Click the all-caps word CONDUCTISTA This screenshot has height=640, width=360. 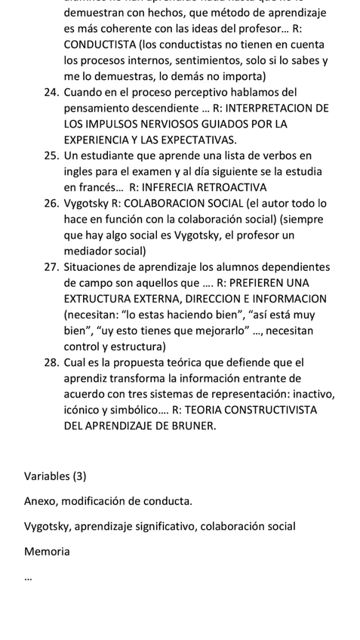click(x=100, y=45)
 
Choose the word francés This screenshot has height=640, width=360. click(x=99, y=187)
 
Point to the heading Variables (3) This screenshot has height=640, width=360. click(x=55, y=476)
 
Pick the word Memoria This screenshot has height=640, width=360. click(x=47, y=552)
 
